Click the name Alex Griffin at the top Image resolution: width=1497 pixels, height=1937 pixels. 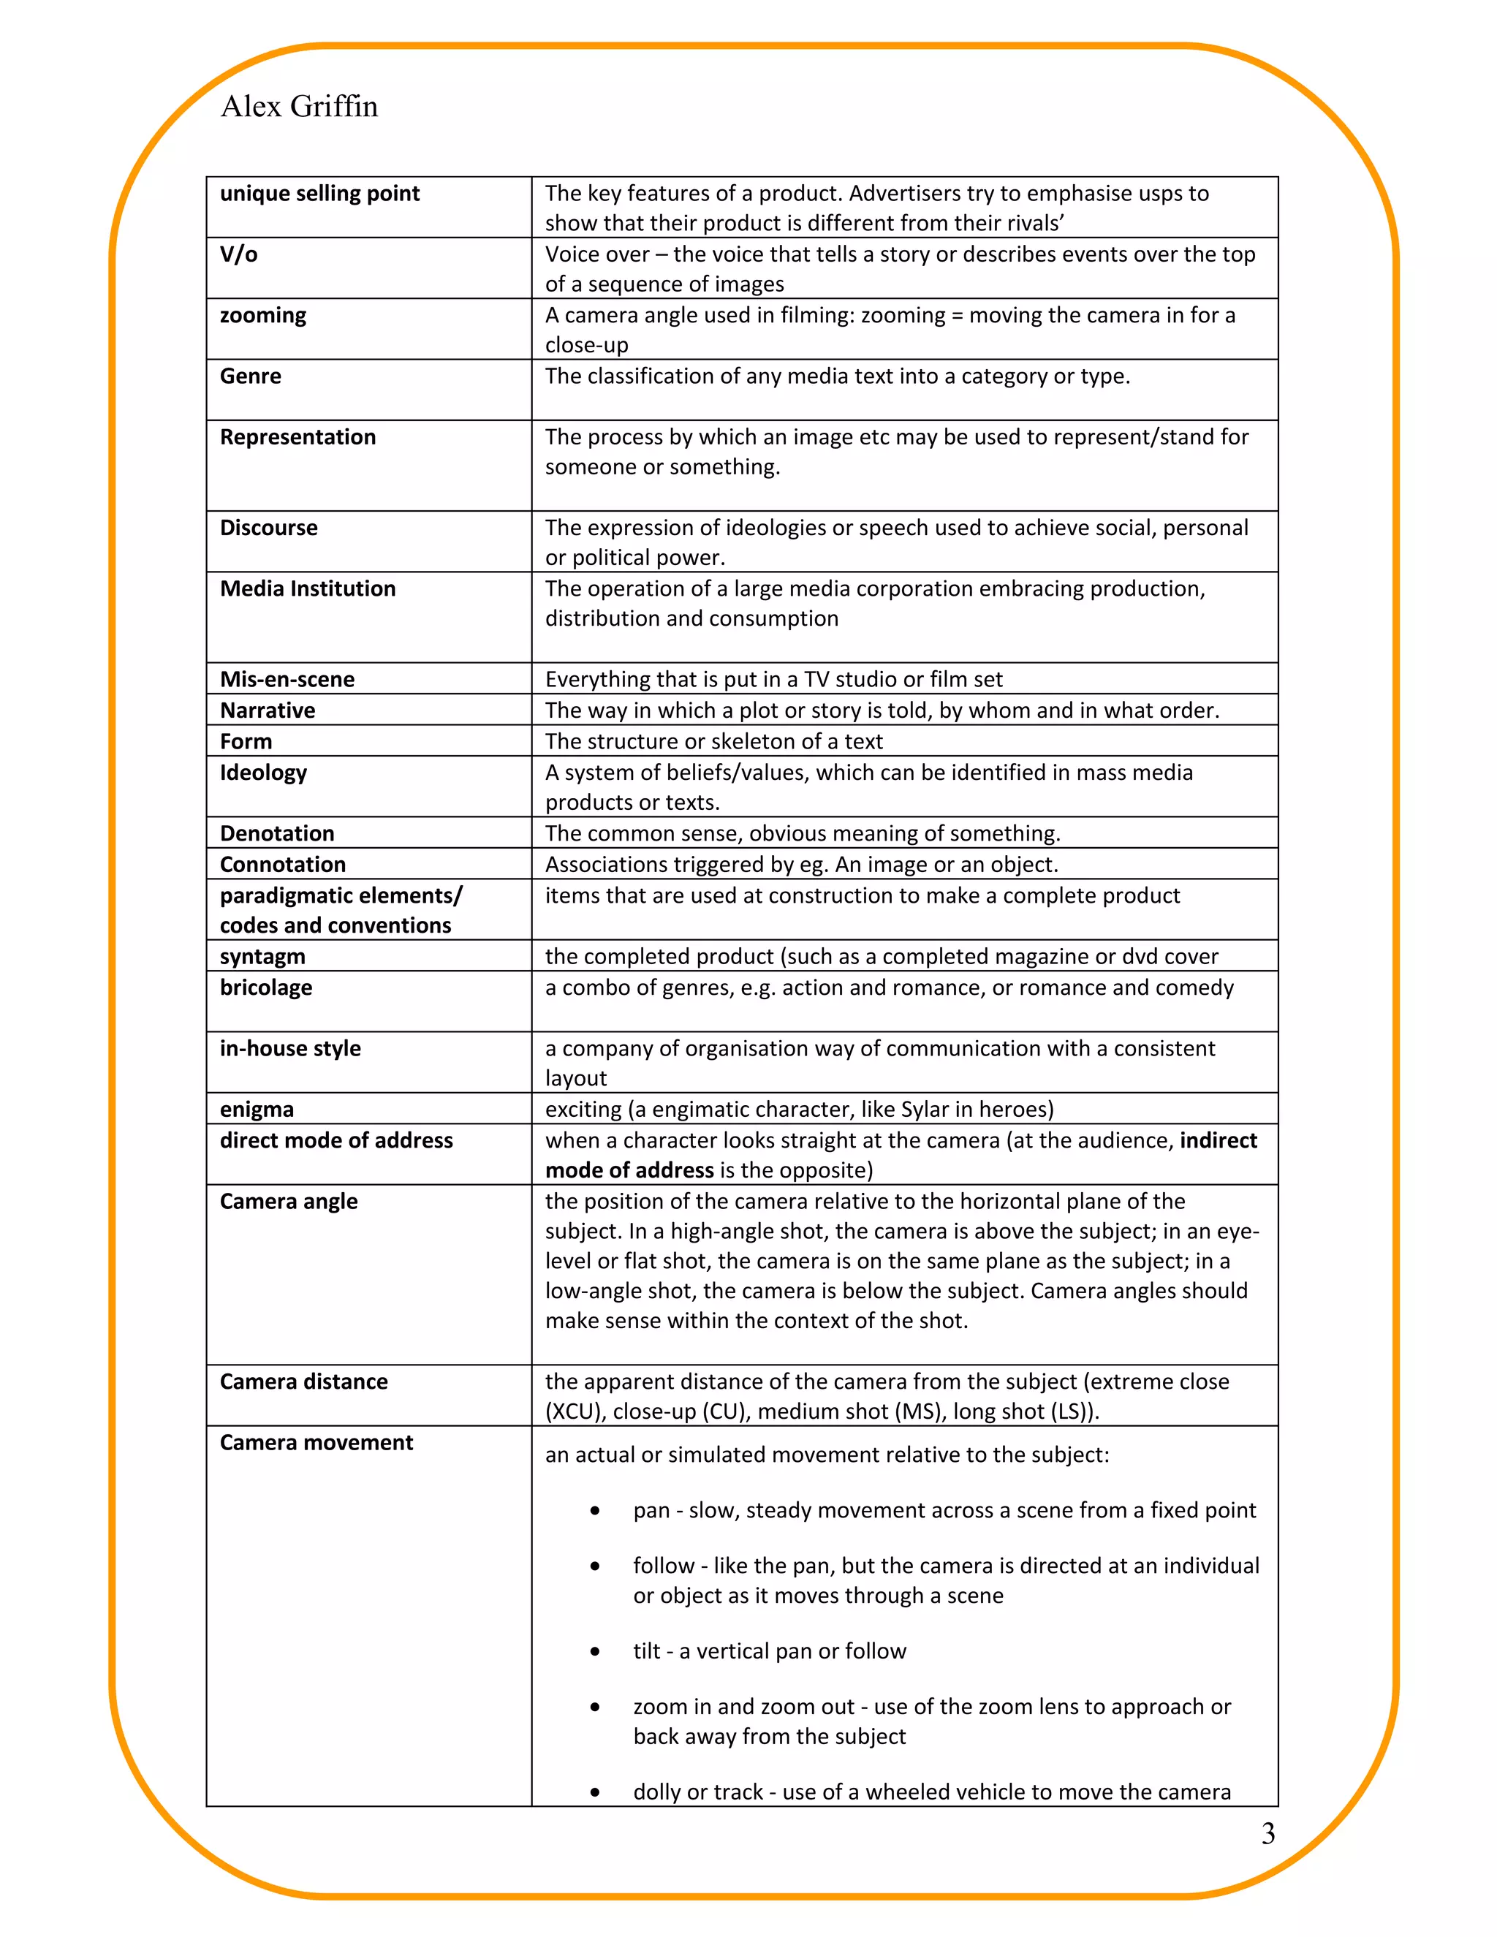299,107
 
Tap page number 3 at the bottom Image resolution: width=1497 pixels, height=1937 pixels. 1267,1832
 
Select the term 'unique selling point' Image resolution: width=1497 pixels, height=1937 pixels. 319,194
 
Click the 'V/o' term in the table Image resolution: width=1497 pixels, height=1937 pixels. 238,254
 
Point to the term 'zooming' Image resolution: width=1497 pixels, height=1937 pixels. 262,316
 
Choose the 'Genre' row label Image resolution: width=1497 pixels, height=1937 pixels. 250,376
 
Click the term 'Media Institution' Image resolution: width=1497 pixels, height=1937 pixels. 308,589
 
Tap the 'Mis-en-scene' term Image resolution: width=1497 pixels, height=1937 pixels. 287,679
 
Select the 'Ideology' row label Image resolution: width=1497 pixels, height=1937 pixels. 262,773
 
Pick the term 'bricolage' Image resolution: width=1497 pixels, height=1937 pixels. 266,988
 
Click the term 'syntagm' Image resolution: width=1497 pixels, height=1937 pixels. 262,957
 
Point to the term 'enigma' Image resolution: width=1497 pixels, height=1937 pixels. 257,1110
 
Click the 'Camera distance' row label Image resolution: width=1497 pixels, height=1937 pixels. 303,1381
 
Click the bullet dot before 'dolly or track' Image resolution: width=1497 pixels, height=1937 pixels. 595,1792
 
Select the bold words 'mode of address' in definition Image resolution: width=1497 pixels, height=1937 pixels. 629,1171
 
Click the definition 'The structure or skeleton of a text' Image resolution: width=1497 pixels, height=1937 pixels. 714,741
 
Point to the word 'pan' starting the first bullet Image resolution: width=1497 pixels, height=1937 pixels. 651,1510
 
